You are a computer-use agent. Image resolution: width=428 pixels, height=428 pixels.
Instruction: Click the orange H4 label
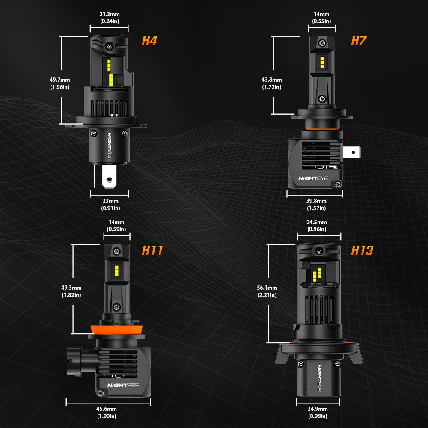point(149,41)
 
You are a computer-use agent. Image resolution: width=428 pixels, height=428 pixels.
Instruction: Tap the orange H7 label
point(359,41)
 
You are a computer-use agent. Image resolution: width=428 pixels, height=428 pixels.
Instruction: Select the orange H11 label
point(152,250)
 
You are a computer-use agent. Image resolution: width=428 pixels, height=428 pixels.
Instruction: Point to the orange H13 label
point(362,250)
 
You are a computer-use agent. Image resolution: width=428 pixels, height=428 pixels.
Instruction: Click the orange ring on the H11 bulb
point(117,330)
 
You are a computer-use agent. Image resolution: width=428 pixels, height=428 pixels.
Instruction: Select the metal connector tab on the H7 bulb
point(352,152)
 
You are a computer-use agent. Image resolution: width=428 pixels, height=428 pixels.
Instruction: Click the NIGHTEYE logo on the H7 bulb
point(313,178)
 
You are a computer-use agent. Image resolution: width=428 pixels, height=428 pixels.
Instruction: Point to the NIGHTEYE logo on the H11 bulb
point(123,386)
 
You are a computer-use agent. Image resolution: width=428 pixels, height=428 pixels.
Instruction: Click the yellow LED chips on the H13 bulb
point(317,275)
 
